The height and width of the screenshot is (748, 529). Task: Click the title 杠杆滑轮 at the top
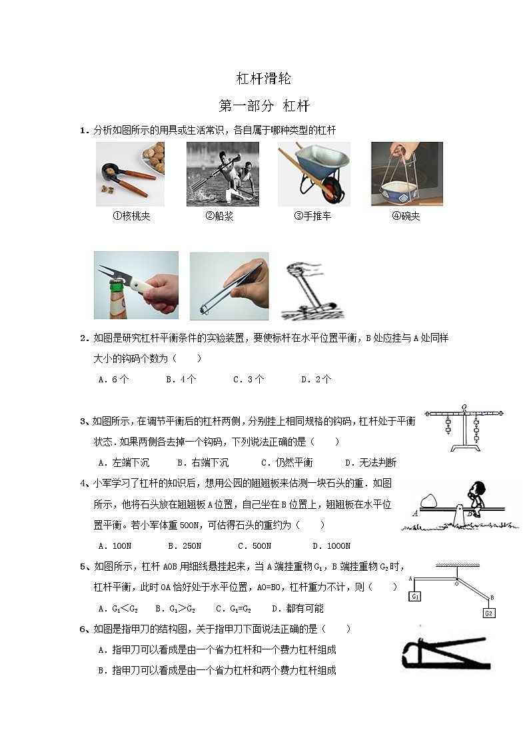(264, 79)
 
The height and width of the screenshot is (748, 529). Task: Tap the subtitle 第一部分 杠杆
(264, 106)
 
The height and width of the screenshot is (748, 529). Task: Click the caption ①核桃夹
(131, 216)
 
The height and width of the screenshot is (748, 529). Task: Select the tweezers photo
(229, 286)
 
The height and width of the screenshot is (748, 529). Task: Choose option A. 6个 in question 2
(113, 379)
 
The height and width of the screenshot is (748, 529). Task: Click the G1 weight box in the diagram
(415, 596)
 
